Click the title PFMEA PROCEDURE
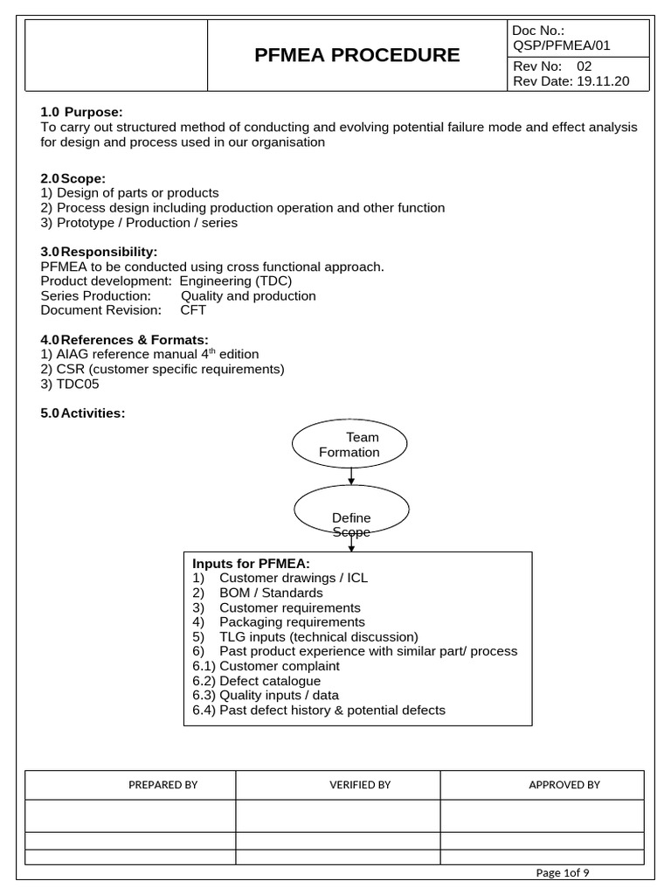click(x=356, y=55)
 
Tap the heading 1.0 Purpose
click(x=82, y=112)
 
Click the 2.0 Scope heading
click(x=73, y=178)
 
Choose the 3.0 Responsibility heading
click(x=99, y=252)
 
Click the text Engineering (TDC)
click(x=236, y=281)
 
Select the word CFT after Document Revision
click(x=193, y=310)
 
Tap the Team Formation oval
click(x=349, y=444)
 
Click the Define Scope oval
click(x=351, y=512)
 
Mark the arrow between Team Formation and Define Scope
click(x=351, y=475)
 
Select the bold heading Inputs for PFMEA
click(x=251, y=563)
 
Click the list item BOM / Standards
click(x=271, y=593)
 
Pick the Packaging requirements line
click(x=292, y=621)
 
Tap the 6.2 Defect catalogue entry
click(x=256, y=681)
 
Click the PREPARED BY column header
click(x=163, y=785)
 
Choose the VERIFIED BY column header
click(x=360, y=785)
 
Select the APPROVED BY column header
click(x=564, y=785)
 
